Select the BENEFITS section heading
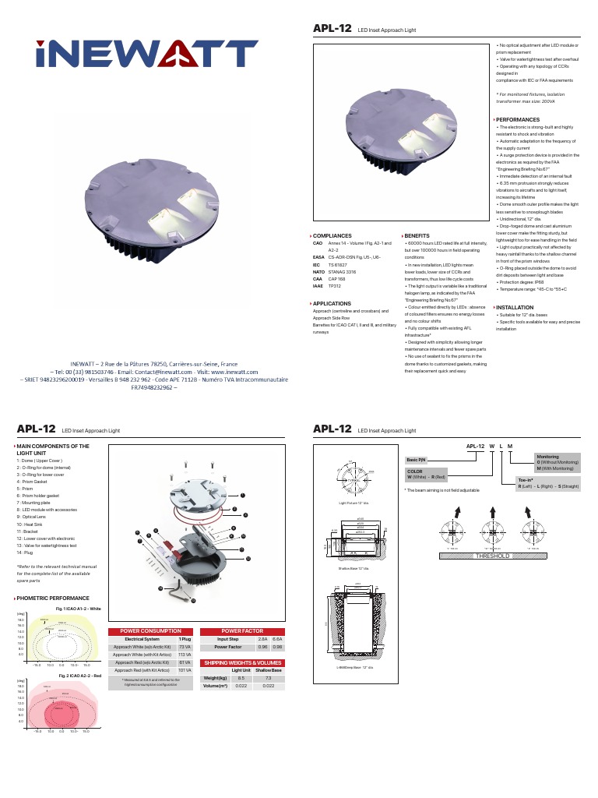tap(417, 235)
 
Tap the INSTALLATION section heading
tap(515, 308)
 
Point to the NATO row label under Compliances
tap(318, 272)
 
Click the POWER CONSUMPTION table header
tap(152, 631)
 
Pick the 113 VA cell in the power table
tap(185, 655)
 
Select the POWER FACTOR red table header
tap(242, 631)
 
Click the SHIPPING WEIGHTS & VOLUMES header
tap(242, 662)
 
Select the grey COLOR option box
tap(427, 474)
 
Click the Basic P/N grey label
tap(416, 461)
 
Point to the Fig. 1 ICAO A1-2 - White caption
tap(78, 608)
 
